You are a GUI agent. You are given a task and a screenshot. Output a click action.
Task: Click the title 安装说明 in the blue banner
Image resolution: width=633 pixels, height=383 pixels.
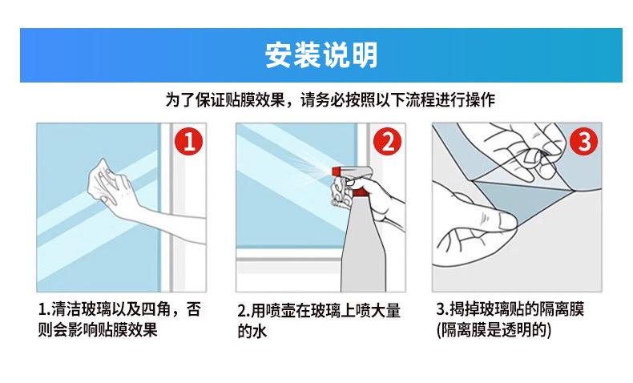321,55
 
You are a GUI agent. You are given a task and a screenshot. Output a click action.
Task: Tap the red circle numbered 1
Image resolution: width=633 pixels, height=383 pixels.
188,141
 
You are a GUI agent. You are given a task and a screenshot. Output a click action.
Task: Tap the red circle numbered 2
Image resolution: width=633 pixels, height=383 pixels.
388,141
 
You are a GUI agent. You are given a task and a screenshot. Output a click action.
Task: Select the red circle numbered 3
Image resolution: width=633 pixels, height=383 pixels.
584,141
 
